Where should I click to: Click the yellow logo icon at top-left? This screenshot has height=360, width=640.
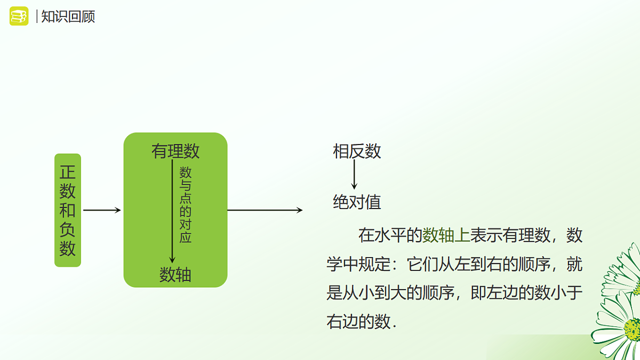coord(19,16)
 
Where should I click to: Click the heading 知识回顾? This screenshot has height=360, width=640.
coord(68,17)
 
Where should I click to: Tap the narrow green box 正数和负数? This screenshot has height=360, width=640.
coord(68,210)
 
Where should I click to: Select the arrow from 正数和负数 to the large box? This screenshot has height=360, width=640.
coord(102,210)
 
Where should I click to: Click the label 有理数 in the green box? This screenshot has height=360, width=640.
coord(175,151)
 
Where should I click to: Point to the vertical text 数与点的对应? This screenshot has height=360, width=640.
coord(185,205)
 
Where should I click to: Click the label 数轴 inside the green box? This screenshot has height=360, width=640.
coord(175,275)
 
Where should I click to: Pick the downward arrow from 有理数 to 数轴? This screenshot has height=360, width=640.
coord(172,213)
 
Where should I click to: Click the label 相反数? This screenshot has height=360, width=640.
coord(357,151)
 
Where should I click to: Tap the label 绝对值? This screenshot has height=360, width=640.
coord(357,202)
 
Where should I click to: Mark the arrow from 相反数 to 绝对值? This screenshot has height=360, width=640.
coord(354,176)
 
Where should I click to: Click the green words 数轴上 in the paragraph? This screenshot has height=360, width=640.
coord(446,235)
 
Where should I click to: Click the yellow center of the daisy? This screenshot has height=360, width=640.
coord(633,329)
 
